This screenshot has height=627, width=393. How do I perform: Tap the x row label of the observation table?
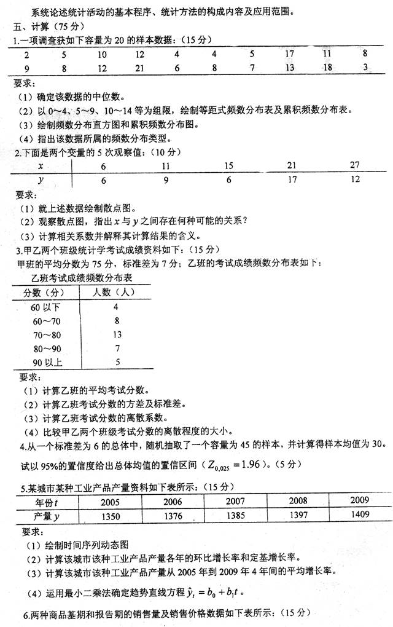tap(40, 166)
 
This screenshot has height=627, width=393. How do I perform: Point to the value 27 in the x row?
tap(354, 166)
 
